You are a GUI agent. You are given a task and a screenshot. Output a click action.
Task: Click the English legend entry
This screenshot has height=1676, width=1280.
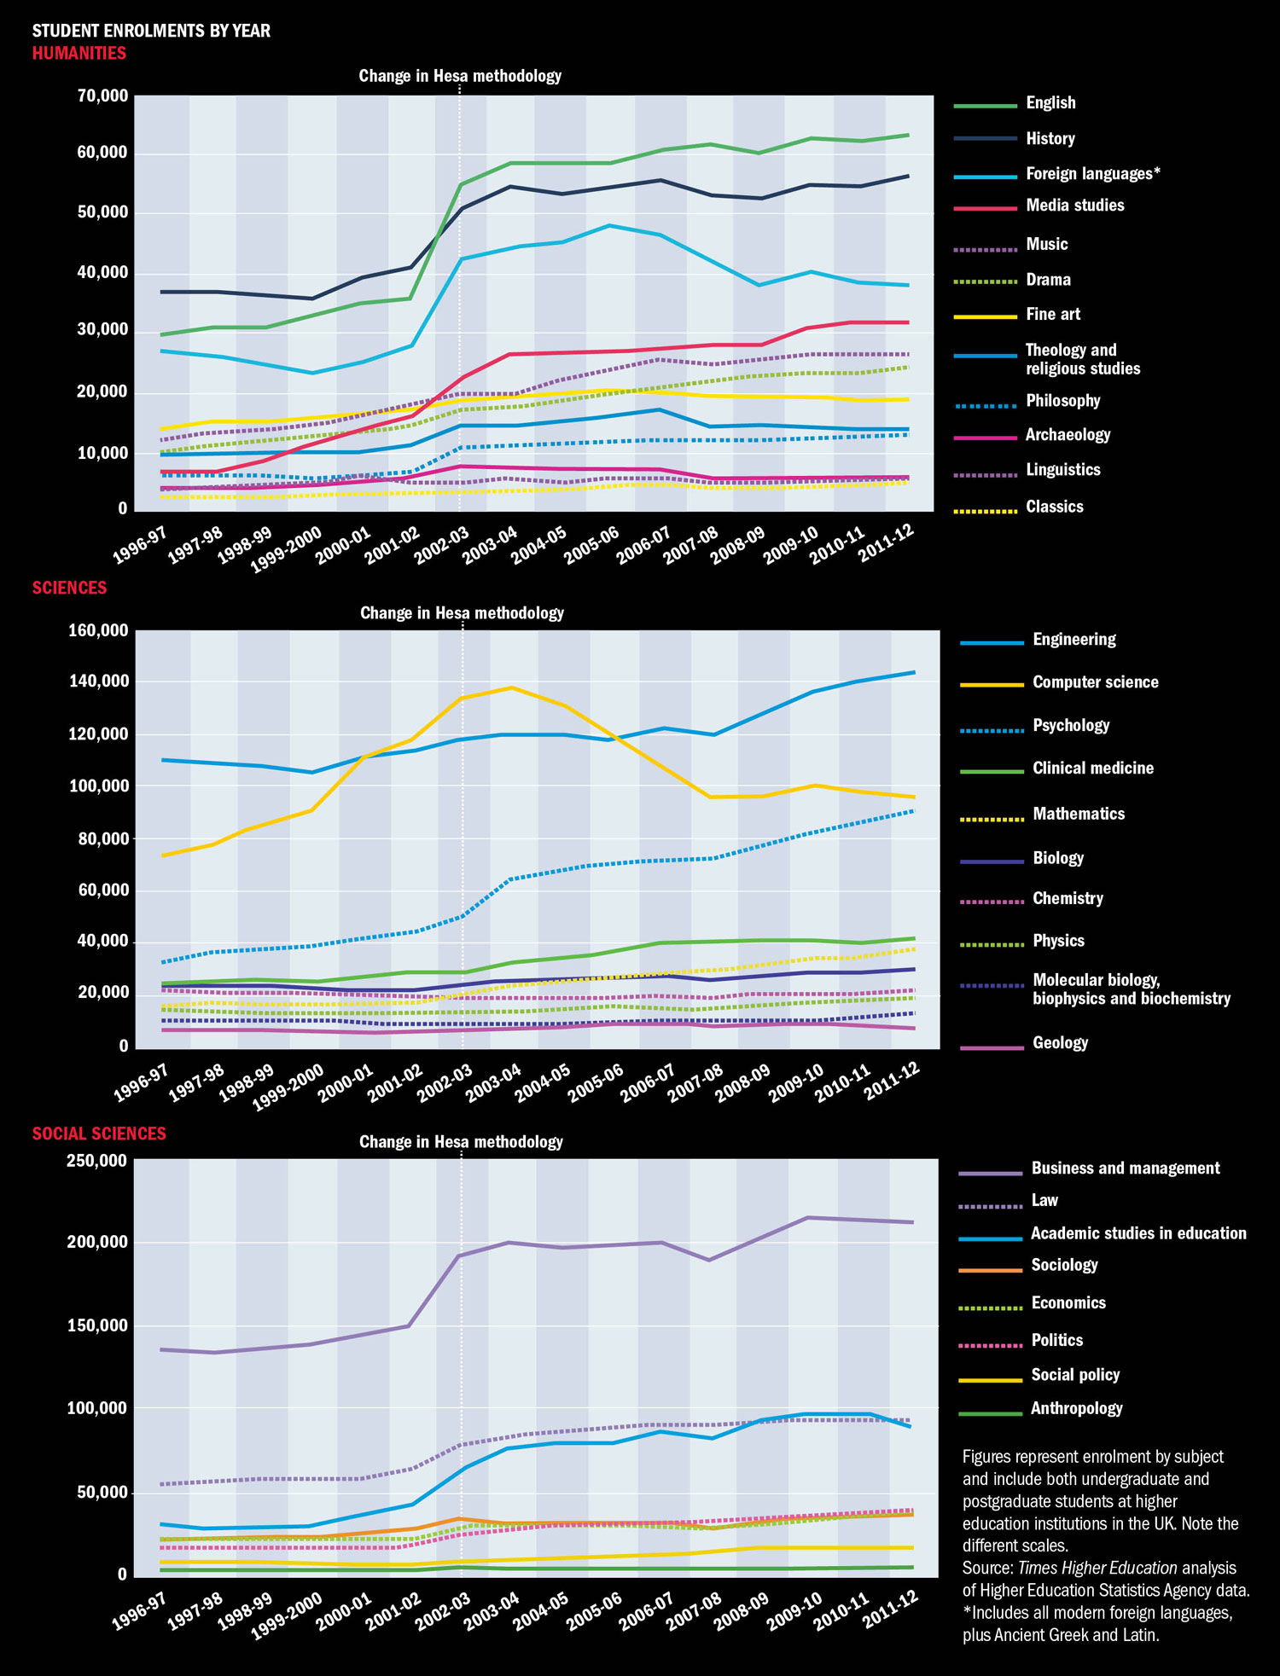click(1050, 103)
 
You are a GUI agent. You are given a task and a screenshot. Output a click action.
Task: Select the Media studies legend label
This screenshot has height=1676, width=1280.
click(1074, 206)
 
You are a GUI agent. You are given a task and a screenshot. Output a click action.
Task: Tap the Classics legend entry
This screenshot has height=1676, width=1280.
click(1054, 507)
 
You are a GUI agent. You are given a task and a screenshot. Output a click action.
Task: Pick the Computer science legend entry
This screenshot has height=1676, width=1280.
click(1095, 682)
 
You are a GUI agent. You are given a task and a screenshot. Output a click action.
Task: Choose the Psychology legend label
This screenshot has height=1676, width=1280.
click(1071, 726)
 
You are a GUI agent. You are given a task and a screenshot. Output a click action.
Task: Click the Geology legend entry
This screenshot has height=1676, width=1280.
click(1060, 1043)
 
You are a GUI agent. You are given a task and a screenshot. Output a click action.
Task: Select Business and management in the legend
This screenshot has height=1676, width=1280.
click(1125, 1169)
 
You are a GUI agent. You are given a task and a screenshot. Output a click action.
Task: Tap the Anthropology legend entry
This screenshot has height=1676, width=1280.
click(1076, 1409)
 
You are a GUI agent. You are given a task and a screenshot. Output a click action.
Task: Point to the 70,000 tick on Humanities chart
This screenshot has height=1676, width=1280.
click(102, 96)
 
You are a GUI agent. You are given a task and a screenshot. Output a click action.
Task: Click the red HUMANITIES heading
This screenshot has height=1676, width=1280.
click(79, 54)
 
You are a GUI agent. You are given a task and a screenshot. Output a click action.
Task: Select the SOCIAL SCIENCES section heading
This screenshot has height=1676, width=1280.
click(99, 1134)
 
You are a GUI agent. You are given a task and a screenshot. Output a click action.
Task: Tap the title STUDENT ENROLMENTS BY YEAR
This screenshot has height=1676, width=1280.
click(151, 32)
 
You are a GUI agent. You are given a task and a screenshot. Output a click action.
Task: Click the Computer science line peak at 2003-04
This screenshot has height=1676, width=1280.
click(511, 687)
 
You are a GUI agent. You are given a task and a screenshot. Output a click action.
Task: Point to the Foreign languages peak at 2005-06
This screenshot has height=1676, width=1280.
click(609, 225)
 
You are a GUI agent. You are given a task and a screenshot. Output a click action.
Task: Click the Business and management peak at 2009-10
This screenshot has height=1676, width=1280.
click(808, 1217)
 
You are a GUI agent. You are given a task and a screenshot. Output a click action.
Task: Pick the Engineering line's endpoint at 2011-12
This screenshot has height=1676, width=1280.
click(915, 672)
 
